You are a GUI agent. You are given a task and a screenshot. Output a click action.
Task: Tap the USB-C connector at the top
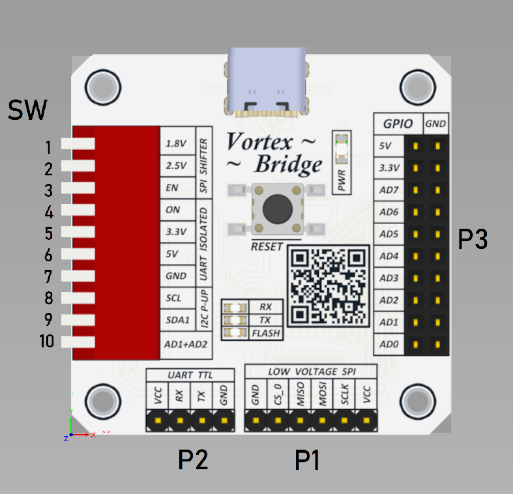point(266,81)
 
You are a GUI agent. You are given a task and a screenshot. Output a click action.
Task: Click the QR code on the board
point(328,285)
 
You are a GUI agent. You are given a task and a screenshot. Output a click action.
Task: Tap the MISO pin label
point(300,397)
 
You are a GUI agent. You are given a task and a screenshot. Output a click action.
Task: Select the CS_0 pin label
point(278,397)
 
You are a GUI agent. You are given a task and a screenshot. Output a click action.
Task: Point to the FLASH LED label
point(266,333)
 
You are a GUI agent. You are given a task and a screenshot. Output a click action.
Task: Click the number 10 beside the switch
point(47,341)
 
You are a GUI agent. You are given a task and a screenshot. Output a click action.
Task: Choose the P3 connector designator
point(473,240)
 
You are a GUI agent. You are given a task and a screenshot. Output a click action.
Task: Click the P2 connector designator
point(193,461)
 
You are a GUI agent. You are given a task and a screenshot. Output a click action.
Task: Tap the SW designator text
point(27,111)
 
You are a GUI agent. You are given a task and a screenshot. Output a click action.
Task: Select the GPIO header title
point(398,123)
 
